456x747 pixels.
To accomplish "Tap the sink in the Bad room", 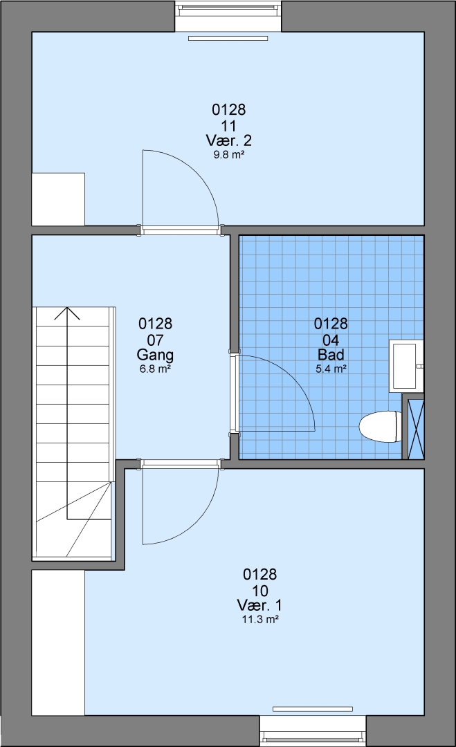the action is tap(406, 366).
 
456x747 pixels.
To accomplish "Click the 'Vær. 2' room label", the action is tap(229, 140).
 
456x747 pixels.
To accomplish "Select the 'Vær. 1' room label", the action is tap(259, 605).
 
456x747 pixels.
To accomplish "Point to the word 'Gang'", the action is tap(155, 355).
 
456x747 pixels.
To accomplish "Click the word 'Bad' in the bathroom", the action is tap(331, 355).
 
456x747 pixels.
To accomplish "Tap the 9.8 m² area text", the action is tap(229, 155).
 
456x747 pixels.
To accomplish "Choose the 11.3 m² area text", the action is tap(259, 620).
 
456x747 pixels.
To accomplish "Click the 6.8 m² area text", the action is tap(155, 369).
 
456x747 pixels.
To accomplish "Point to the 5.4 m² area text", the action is tap(331, 369).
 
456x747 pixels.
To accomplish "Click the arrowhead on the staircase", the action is tap(67, 313).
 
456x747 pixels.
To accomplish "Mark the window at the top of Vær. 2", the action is tap(228, 17).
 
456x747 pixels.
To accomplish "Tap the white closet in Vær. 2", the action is tap(58, 199).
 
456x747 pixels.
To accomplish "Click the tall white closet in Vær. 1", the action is tap(58, 643).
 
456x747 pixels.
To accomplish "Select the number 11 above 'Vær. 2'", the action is tap(229, 127).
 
